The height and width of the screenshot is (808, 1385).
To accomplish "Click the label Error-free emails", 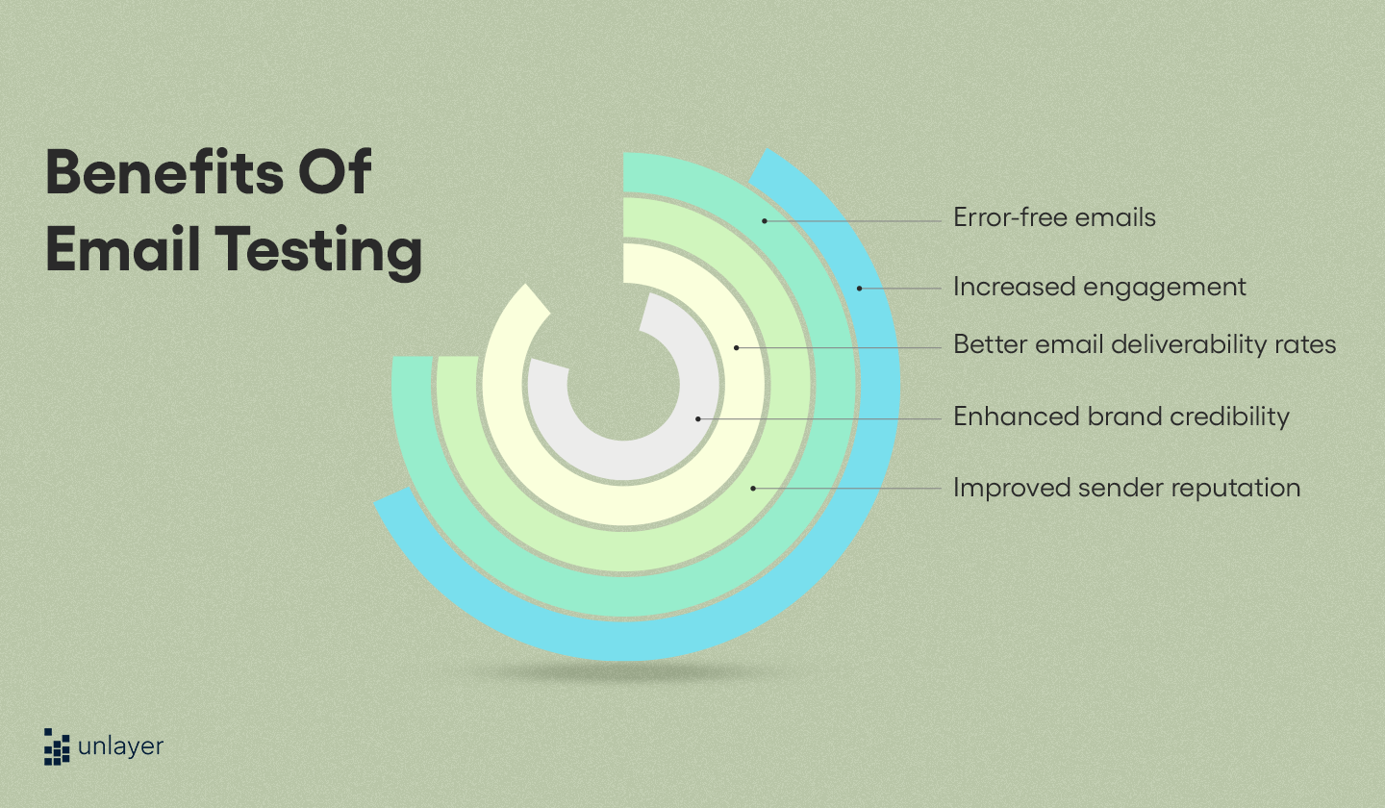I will pos(1054,217).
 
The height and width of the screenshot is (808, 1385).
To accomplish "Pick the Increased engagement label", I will pos(1099,287).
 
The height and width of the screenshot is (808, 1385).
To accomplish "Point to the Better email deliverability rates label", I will pos(1145,344).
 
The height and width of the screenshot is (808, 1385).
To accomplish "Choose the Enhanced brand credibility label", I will pos(1121,417).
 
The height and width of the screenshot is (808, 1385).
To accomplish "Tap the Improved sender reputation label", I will pos(1126,488).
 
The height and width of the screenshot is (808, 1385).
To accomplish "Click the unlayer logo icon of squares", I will pos(57,746).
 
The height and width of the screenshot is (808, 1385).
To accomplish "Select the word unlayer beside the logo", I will pos(122,746).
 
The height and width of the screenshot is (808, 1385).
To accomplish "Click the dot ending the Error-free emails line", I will pos(765,220).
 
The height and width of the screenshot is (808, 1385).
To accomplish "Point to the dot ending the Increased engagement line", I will pos(860,288).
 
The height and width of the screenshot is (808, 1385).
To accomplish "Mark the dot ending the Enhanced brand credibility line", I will pos(698,418).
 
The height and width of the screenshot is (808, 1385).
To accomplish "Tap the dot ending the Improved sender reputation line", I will pos(753,489).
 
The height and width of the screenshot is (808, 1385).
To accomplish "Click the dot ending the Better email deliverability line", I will pos(737,347).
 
